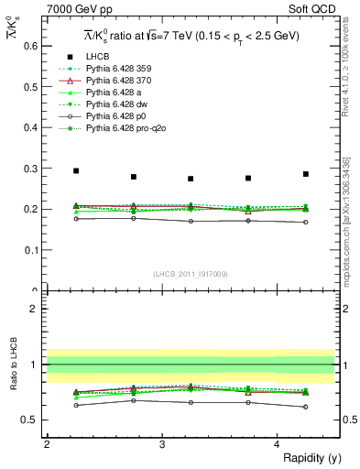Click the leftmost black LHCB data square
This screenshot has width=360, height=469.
[x=76, y=171]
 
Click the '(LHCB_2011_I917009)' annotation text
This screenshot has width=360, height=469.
[x=191, y=274]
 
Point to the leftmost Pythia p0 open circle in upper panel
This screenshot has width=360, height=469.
[x=76, y=218]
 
